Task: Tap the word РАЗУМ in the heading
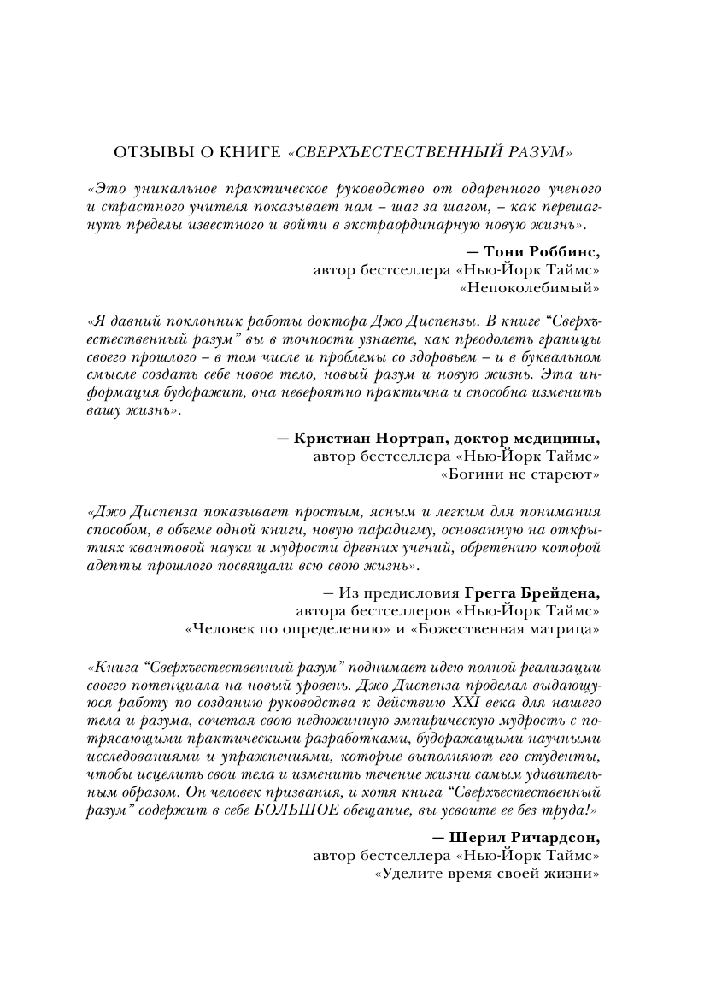(x=537, y=152)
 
